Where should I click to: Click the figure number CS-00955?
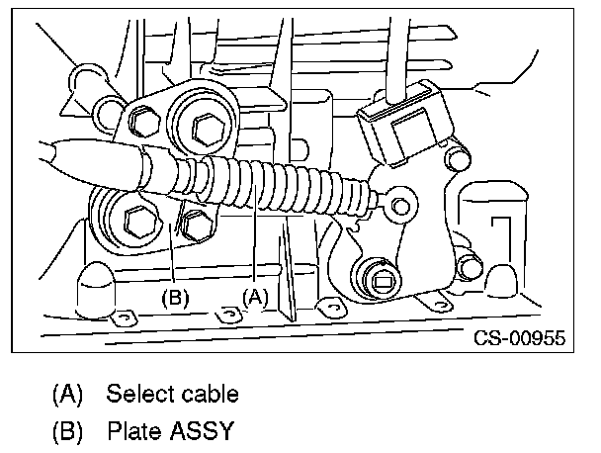(x=518, y=338)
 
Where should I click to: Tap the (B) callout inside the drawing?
(x=174, y=295)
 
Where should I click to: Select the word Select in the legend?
(x=139, y=394)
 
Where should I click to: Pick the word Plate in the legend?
(x=133, y=431)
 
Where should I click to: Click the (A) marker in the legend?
(x=68, y=394)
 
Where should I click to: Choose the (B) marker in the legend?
(x=68, y=431)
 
